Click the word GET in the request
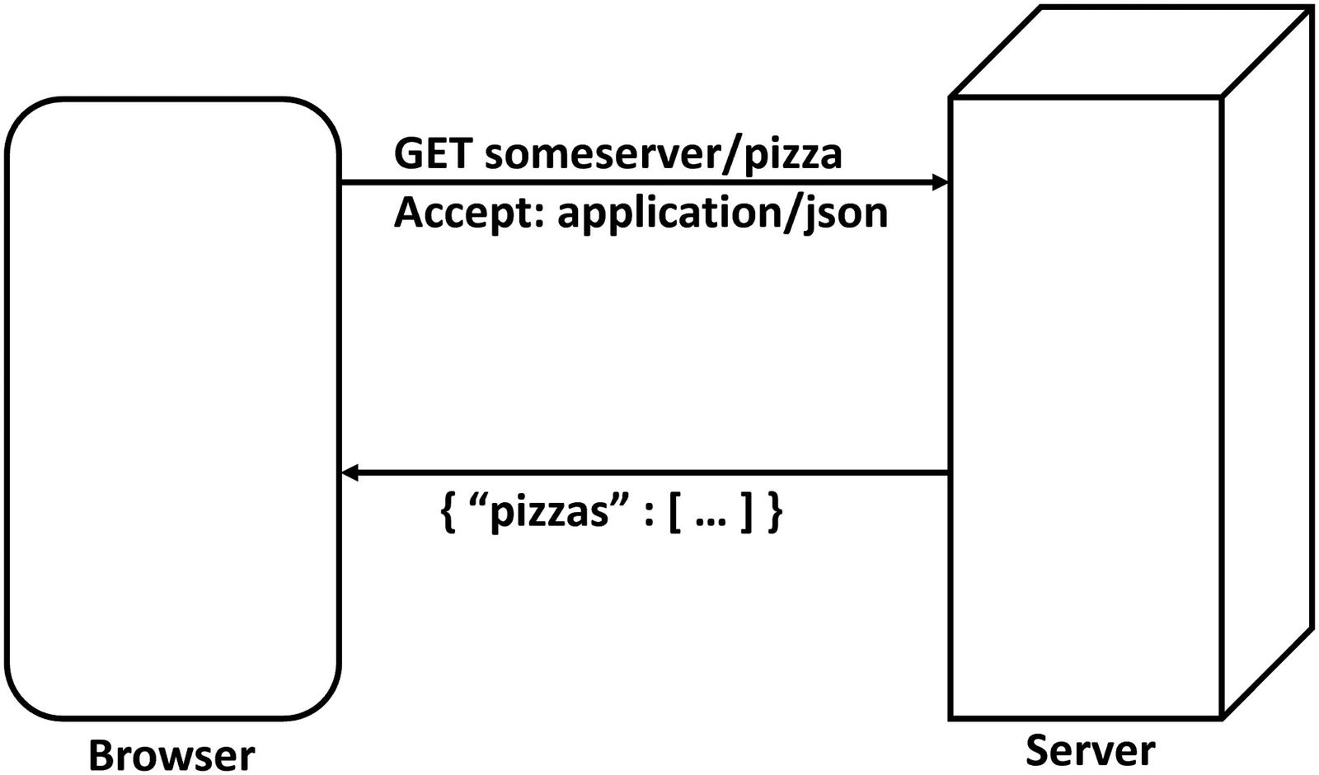point(434,154)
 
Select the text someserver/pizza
point(664,154)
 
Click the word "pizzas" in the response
point(549,513)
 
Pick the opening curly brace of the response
point(448,513)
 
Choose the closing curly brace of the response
point(775,513)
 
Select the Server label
point(1090,750)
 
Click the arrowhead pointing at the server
point(941,182)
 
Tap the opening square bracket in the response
point(674,513)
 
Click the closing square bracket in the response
point(746,513)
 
